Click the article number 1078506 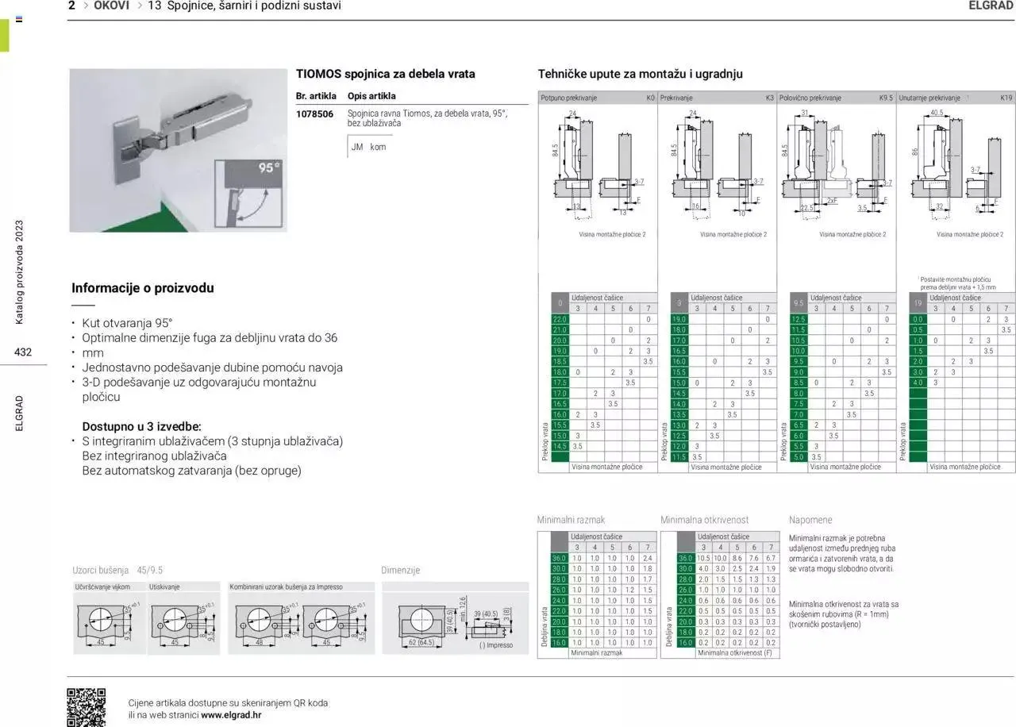pyautogui.click(x=314, y=114)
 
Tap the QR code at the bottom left pyautogui.click(x=86, y=706)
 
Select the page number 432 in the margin pyautogui.click(x=23, y=352)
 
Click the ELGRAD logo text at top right pyautogui.click(x=991, y=6)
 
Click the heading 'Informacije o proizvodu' pyautogui.click(x=143, y=288)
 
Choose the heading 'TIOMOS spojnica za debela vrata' pyautogui.click(x=386, y=74)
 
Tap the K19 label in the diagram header pyautogui.click(x=1006, y=98)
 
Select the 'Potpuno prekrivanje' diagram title pyautogui.click(x=568, y=98)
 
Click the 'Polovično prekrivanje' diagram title pyautogui.click(x=810, y=98)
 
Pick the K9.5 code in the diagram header pyautogui.click(x=886, y=98)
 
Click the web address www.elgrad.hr pyautogui.click(x=231, y=714)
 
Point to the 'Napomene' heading pyautogui.click(x=810, y=520)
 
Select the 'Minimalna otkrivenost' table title pyautogui.click(x=704, y=520)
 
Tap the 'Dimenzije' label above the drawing pyautogui.click(x=400, y=570)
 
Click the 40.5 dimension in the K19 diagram pyautogui.click(x=937, y=113)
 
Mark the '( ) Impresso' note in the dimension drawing pyautogui.click(x=496, y=645)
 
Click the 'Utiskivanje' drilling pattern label pyautogui.click(x=164, y=587)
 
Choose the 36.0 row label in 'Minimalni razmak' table pyautogui.click(x=559, y=558)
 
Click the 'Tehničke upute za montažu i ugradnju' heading pyautogui.click(x=640, y=74)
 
